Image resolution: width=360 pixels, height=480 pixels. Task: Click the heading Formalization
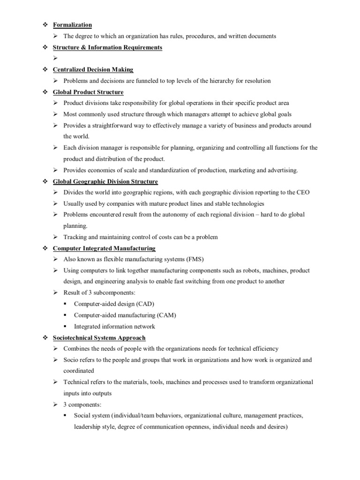click(x=72, y=25)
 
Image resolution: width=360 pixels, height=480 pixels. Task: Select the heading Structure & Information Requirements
click(x=107, y=47)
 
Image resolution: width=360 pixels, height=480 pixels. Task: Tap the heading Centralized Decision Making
click(x=93, y=70)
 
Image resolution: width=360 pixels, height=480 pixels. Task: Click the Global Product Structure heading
click(x=88, y=92)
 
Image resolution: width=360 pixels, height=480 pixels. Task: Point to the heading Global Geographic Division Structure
click(x=105, y=181)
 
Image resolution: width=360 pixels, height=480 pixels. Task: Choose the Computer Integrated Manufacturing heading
click(x=104, y=248)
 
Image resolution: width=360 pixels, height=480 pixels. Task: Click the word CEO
click(x=302, y=193)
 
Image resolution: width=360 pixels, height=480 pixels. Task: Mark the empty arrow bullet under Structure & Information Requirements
click(x=55, y=59)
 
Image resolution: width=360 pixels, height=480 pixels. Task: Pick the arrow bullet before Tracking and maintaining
click(x=55, y=237)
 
